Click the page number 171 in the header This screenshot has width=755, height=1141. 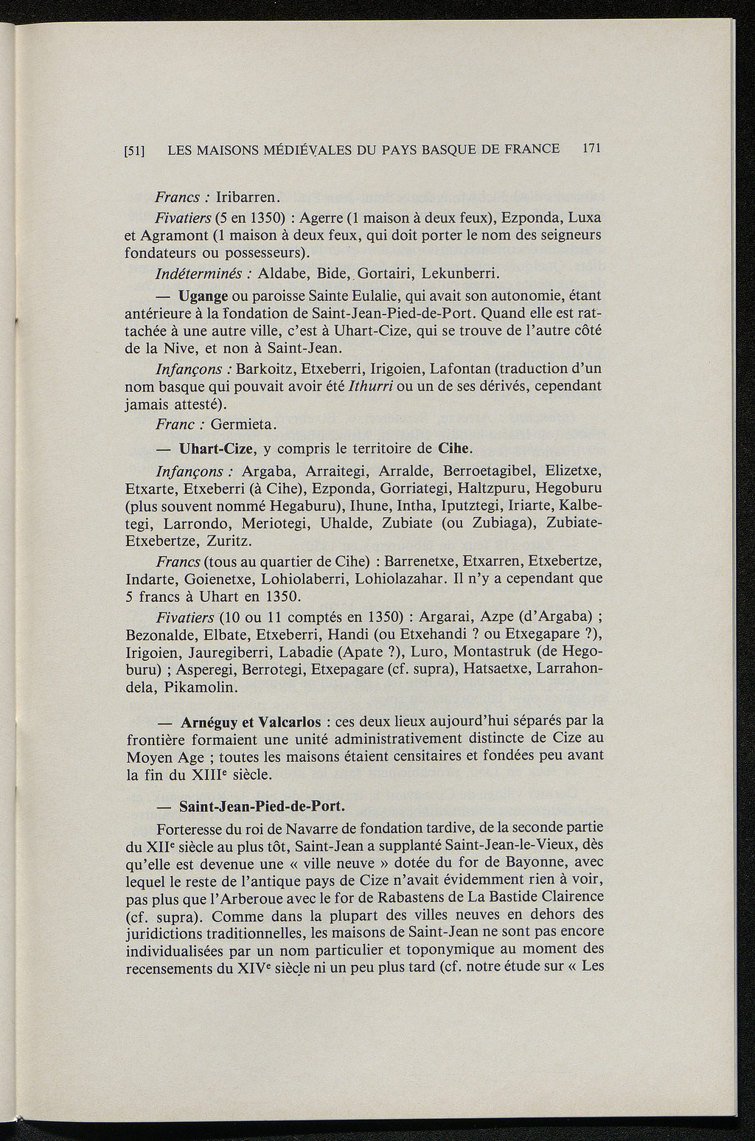click(592, 148)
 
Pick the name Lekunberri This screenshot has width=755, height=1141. click(462, 274)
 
